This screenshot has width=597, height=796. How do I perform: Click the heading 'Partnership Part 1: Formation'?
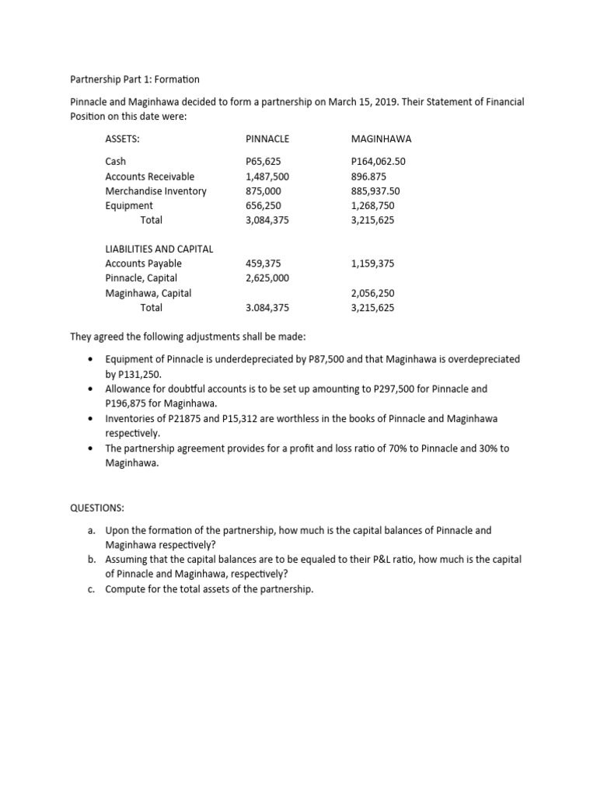(134, 79)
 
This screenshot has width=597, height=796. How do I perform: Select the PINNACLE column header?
(267, 139)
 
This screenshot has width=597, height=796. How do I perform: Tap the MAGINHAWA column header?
(381, 139)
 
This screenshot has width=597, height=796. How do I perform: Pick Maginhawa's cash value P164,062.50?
(379, 162)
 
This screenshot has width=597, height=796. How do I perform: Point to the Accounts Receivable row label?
(150, 176)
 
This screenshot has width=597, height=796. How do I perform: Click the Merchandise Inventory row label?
(155, 191)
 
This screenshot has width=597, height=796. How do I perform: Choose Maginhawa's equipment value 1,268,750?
(373, 206)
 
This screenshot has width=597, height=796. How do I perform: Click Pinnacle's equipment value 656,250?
(263, 206)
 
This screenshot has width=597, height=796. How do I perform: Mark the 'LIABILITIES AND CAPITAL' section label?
(159, 249)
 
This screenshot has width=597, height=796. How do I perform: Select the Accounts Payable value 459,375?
(263, 264)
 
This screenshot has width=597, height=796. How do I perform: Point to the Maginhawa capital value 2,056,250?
(373, 293)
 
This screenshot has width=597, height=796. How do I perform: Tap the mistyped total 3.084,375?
(267, 308)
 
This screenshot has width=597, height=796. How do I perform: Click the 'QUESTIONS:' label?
(97, 508)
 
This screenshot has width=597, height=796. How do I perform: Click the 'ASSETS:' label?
(122, 139)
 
